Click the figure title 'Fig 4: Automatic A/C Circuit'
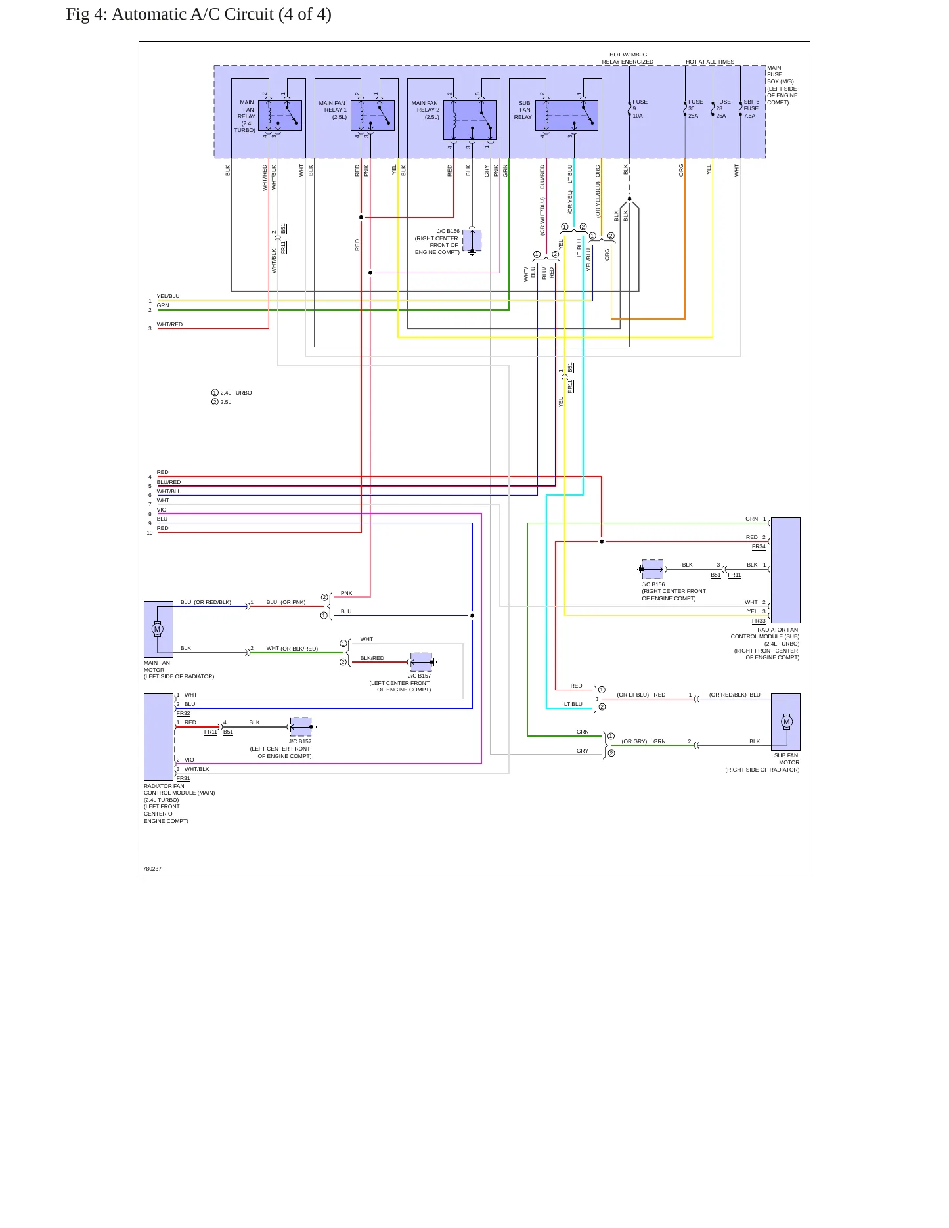[x=170, y=14]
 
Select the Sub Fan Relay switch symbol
[x=566, y=116]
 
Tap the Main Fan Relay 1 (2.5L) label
[x=333, y=110]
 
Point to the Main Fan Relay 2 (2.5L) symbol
[x=470, y=120]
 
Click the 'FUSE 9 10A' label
[x=640, y=109]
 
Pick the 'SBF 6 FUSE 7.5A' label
[x=751, y=109]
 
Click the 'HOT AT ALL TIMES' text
[x=710, y=62]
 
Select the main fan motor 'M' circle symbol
[x=157, y=629]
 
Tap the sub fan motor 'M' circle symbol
[x=787, y=722]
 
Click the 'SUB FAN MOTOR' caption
[x=787, y=759]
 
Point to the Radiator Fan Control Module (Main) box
[x=159, y=737]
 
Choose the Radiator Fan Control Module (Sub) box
[x=785, y=570]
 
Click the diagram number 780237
[x=152, y=869]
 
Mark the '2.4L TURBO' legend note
[x=236, y=393]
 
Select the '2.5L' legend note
[x=226, y=402]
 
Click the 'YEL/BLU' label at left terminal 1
[x=168, y=296]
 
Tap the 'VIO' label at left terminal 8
[x=162, y=510]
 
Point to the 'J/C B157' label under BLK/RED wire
[x=420, y=676]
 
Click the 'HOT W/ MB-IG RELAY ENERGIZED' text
[x=628, y=58]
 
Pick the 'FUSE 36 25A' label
[x=695, y=109]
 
